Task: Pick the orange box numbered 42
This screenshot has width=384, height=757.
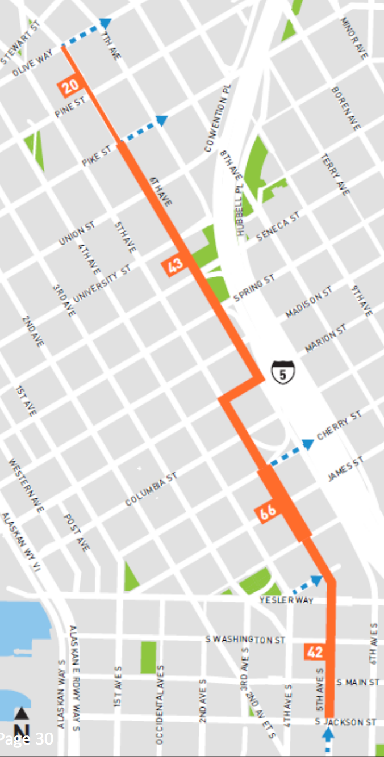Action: (315, 652)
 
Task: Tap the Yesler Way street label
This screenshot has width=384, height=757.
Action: (286, 600)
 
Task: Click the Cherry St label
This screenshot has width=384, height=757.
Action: (339, 426)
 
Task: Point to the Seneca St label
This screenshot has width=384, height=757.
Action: (278, 226)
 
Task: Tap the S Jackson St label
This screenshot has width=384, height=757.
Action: (346, 722)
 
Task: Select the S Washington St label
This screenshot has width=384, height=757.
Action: (245, 640)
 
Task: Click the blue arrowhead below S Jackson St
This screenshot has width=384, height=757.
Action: (328, 734)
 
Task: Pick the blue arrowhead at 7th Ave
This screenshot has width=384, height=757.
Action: (105, 23)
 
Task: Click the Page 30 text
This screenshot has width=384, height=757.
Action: (26, 739)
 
